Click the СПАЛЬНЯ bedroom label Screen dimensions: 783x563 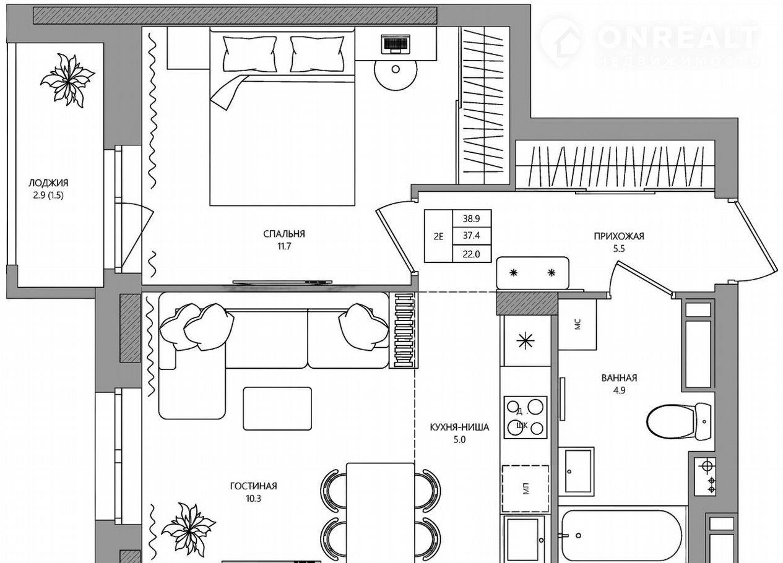tap(284, 234)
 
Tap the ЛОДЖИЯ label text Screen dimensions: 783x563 tap(48, 183)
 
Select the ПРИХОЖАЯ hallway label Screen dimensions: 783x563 tap(619, 236)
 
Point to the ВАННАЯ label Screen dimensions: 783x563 tap(619, 378)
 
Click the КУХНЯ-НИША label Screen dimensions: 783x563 tap(459, 427)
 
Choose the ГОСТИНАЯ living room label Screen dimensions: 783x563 tap(253, 486)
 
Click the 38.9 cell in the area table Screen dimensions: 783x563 tap(471, 219)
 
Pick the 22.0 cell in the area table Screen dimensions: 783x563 tap(471, 254)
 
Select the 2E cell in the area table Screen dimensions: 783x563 tap(438, 236)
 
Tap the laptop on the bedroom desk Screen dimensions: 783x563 tap(396, 44)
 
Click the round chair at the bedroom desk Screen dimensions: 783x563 tap(396, 70)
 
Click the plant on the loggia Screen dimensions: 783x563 tap(67, 80)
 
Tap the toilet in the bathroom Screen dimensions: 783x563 tap(678, 421)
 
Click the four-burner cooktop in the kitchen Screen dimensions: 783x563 tap(525, 417)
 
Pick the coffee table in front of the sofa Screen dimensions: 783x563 tap(277, 408)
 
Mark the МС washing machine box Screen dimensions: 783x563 tap(578, 324)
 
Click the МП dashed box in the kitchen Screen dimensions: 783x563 tap(526, 489)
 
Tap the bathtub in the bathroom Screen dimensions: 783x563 tap(621, 537)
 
